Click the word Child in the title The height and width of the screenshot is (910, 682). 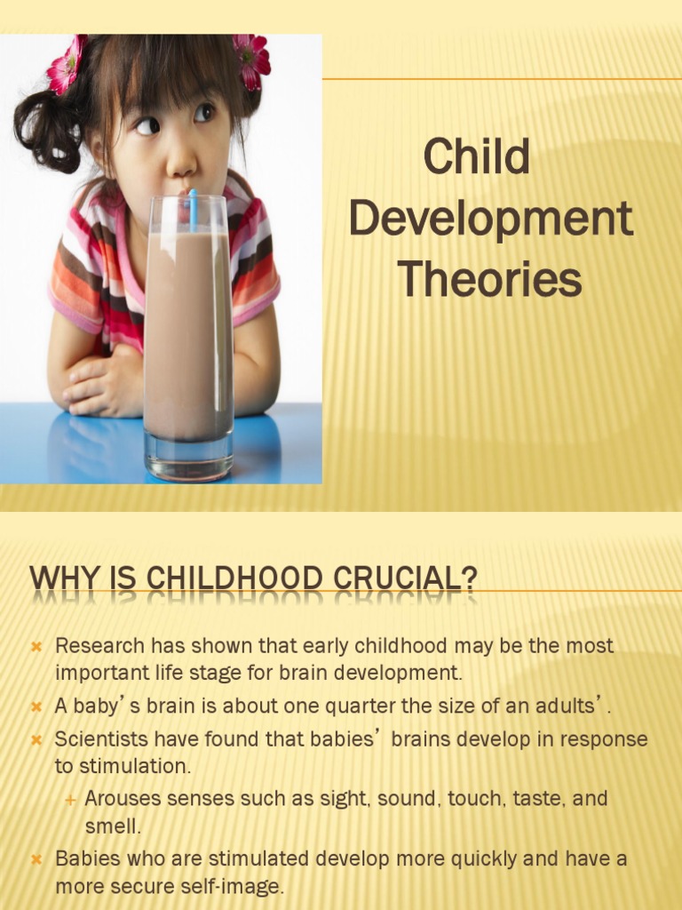[476, 157]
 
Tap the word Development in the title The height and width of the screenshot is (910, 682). [490, 220]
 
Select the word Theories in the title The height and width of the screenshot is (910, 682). [489, 280]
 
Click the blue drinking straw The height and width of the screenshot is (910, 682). [192, 206]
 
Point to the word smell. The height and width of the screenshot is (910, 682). [113, 826]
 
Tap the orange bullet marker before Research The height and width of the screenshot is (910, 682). [37, 647]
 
